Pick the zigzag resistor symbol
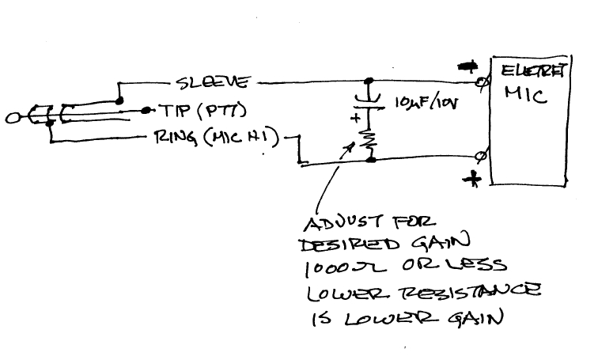[x=368, y=141]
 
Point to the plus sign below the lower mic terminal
[x=474, y=180]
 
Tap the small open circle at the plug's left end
[x=11, y=120]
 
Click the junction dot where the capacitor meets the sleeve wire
[x=369, y=81]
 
